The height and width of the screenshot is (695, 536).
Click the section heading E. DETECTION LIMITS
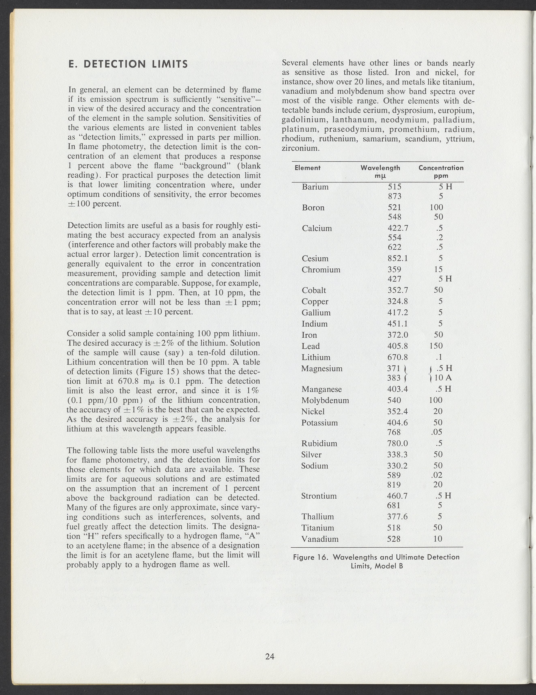[128, 64]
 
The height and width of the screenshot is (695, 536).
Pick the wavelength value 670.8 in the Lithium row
[397, 357]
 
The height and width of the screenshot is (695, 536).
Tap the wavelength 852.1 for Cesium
[397, 258]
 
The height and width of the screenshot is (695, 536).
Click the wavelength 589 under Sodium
[394, 475]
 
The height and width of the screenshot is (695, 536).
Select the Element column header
[307, 168]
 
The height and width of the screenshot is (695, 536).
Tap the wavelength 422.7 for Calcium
[398, 228]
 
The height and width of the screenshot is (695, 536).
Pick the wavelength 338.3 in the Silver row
[397, 454]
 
